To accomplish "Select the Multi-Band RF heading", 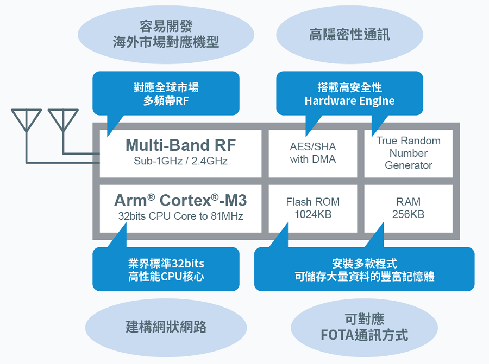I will coord(180,145).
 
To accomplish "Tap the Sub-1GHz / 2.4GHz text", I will coord(180,161).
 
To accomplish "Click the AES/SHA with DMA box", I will coord(312,153).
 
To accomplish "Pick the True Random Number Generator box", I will coord(408,153).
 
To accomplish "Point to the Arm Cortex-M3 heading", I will coord(180,201).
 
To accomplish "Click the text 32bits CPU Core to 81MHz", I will coord(180,216).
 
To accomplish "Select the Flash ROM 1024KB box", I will coord(312,208).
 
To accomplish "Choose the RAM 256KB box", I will coord(408,208).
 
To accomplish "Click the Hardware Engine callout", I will coord(349,94).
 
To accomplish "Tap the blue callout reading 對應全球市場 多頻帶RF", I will coord(166,94).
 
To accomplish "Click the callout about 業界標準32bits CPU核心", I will coord(166,270).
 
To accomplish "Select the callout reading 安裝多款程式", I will coord(364,270).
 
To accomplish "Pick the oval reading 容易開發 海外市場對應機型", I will coord(166,34).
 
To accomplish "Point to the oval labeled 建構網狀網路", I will coord(166,327).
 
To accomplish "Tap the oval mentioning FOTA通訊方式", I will coord(364,327).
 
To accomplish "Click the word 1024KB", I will coord(312,214).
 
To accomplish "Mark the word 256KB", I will coord(408,214).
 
